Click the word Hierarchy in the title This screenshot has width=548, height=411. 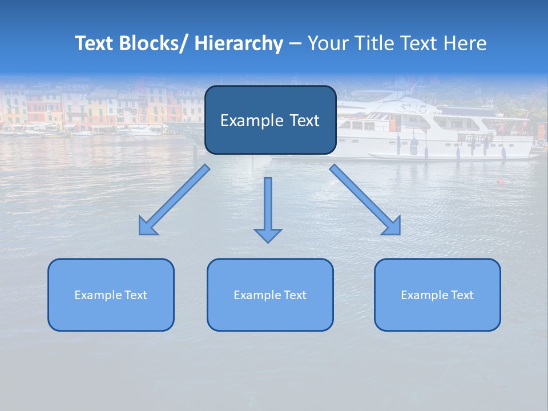coord(239,43)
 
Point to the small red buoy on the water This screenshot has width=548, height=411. coord(501,182)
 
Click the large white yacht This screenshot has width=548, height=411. coord(434,128)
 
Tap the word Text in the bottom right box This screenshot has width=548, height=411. coord(462,295)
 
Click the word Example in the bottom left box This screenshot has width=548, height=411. coord(98,295)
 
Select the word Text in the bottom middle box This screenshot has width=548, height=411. coord(295,295)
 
